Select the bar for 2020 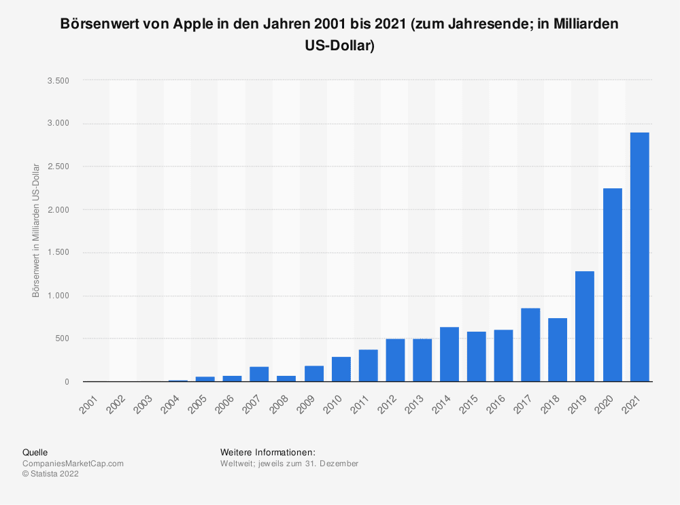point(612,285)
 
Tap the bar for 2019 point(585,326)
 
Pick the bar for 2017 point(530,345)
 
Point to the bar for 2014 point(449,354)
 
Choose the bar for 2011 point(368,366)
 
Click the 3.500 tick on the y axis point(58,80)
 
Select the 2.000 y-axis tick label point(58,209)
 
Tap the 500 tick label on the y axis point(63,338)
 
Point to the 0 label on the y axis point(67,382)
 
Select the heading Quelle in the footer point(35,452)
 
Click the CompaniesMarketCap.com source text point(73,464)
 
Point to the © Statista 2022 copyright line point(51,474)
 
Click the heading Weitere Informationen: point(268,452)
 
